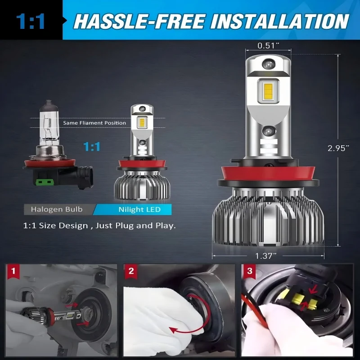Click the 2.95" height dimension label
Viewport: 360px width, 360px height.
click(338, 148)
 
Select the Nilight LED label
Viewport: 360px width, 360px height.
click(139, 209)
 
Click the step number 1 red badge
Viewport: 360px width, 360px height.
click(14, 271)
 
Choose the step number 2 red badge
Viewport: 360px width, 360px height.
click(131, 271)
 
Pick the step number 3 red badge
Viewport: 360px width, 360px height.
click(249, 271)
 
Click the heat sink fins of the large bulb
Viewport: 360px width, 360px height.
click(269, 220)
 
